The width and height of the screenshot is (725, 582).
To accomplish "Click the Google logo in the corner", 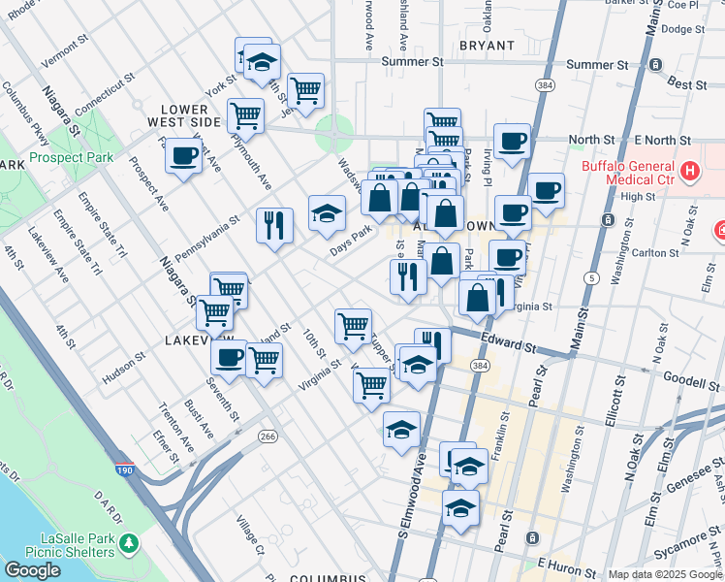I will click(x=32, y=570).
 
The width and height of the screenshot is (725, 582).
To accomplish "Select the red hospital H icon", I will click(x=689, y=172).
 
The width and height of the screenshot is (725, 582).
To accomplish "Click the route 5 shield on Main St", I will click(x=589, y=278).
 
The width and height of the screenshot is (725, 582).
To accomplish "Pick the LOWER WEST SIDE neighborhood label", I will click(x=183, y=115).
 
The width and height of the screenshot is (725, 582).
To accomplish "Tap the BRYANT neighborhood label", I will click(x=488, y=46).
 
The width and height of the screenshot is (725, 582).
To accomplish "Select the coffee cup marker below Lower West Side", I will click(x=183, y=155).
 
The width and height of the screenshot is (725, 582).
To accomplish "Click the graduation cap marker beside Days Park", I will click(x=328, y=212).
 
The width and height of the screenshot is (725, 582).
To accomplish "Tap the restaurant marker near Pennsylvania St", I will click(x=274, y=225).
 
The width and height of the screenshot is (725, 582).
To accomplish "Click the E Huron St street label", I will click(x=564, y=564).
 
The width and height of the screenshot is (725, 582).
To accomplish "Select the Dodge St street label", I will click(x=682, y=29).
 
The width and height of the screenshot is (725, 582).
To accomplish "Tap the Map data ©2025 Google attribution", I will click(x=664, y=574).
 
